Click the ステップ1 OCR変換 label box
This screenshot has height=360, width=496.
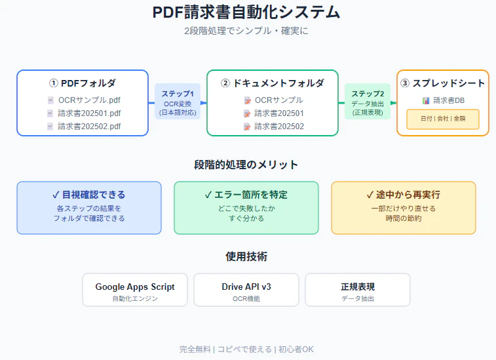point(178,103)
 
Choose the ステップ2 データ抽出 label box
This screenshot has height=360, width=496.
point(368,103)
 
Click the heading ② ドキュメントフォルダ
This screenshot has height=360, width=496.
point(273,83)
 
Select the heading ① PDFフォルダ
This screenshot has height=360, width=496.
point(83,83)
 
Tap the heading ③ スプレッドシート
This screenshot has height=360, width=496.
point(443,83)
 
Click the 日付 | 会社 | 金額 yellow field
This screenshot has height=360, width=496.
point(443,119)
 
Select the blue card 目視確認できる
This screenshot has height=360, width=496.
point(89,207)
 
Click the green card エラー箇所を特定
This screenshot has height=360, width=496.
point(246,207)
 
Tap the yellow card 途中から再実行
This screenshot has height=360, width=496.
point(404,207)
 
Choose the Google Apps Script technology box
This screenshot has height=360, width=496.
point(135,290)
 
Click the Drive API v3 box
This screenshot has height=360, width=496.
point(246,290)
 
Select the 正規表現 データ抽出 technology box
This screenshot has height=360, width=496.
point(358,290)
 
